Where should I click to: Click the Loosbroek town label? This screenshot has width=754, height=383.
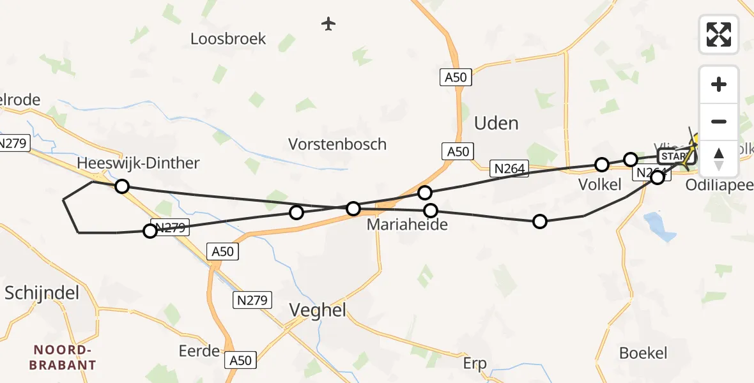pyautogui.click(x=228, y=39)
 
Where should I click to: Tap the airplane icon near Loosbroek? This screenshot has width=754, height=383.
pyautogui.click(x=328, y=24)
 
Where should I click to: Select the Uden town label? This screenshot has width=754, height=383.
pyautogui.click(x=496, y=123)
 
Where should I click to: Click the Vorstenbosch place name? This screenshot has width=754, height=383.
pyautogui.click(x=337, y=144)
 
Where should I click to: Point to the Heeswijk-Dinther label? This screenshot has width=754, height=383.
pyautogui.click(x=138, y=163)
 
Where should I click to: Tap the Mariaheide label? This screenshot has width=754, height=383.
pyautogui.click(x=406, y=225)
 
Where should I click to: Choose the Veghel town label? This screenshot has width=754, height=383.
pyautogui.click(x=318, y=310)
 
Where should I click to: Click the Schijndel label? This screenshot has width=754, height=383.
pyautogui.click(x=42, y=293)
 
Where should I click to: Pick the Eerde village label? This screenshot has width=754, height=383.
pyautogui.click(x=200, y=350)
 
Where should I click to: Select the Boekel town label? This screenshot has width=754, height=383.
pyautogui.click(x=643, y=353)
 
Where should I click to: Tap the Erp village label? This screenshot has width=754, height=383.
pyautogui.click(x=475, y=364)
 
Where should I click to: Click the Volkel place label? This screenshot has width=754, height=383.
pyautogui.click(x=600, y=184)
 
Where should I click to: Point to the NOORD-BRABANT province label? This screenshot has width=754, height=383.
pyautogui.click(x=65, y=358)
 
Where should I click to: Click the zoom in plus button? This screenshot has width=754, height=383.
pyautogui.click(x=719, y=84)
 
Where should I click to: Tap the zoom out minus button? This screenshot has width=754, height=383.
pyautogui.click(x=719, y=121)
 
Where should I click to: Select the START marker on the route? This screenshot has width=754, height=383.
pyautogui.click(x=675, y=156)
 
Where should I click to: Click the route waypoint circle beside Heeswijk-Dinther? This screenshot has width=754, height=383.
pyautogui.click(x=121, y=186)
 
